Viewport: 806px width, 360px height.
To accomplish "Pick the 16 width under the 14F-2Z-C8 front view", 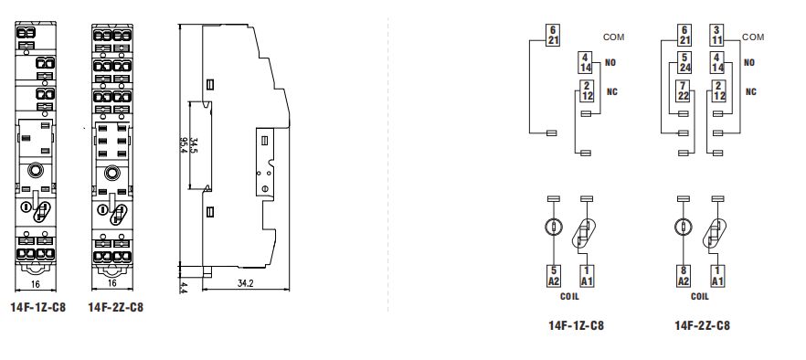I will [x=112, y=283].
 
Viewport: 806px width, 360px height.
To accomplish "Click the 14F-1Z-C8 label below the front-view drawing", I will [x=38, y=308].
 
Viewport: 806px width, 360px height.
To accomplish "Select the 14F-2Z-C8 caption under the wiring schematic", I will [x=702, y=325].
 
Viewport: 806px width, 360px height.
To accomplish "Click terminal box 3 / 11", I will [x=717, y=36].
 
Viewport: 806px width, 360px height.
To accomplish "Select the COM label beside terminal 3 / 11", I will [x=753, y=37].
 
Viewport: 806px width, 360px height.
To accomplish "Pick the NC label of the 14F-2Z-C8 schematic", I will [x=751, y=91].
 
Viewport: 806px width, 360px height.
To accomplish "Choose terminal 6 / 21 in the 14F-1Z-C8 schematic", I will [x=553, y=36].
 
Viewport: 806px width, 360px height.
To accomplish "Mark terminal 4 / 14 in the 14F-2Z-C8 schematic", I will [x=717, y=62].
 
